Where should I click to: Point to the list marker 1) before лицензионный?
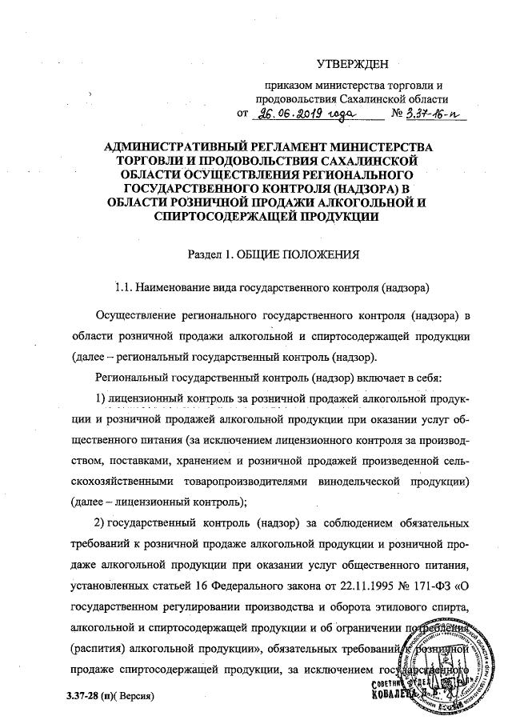click(101, 398)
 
